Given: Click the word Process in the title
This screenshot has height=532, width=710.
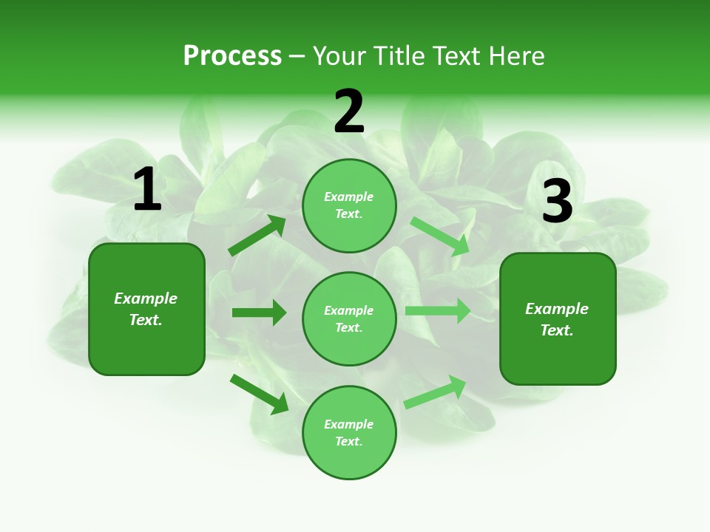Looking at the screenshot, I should tap(232, 56).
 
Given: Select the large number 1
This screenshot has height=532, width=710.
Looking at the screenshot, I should tap(146, 191).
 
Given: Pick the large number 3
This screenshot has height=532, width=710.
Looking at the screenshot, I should tap(557, 201).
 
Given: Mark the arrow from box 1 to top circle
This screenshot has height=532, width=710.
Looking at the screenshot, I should tap(257, 236).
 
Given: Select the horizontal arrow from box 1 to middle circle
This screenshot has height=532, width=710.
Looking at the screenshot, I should tap(259, 313).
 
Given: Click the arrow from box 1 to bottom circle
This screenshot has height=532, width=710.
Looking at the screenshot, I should tap(259, 393).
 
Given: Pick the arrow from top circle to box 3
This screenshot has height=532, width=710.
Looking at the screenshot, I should tap(441, 236).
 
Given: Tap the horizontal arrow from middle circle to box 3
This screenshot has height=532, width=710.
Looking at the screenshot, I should tap(438, 311).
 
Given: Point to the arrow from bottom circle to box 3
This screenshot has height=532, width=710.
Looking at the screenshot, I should tap(436, 392).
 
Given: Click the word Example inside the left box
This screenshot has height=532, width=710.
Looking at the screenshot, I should tap(146, 299).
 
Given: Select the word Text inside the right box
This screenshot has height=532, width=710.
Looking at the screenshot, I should tap(555, 330).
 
